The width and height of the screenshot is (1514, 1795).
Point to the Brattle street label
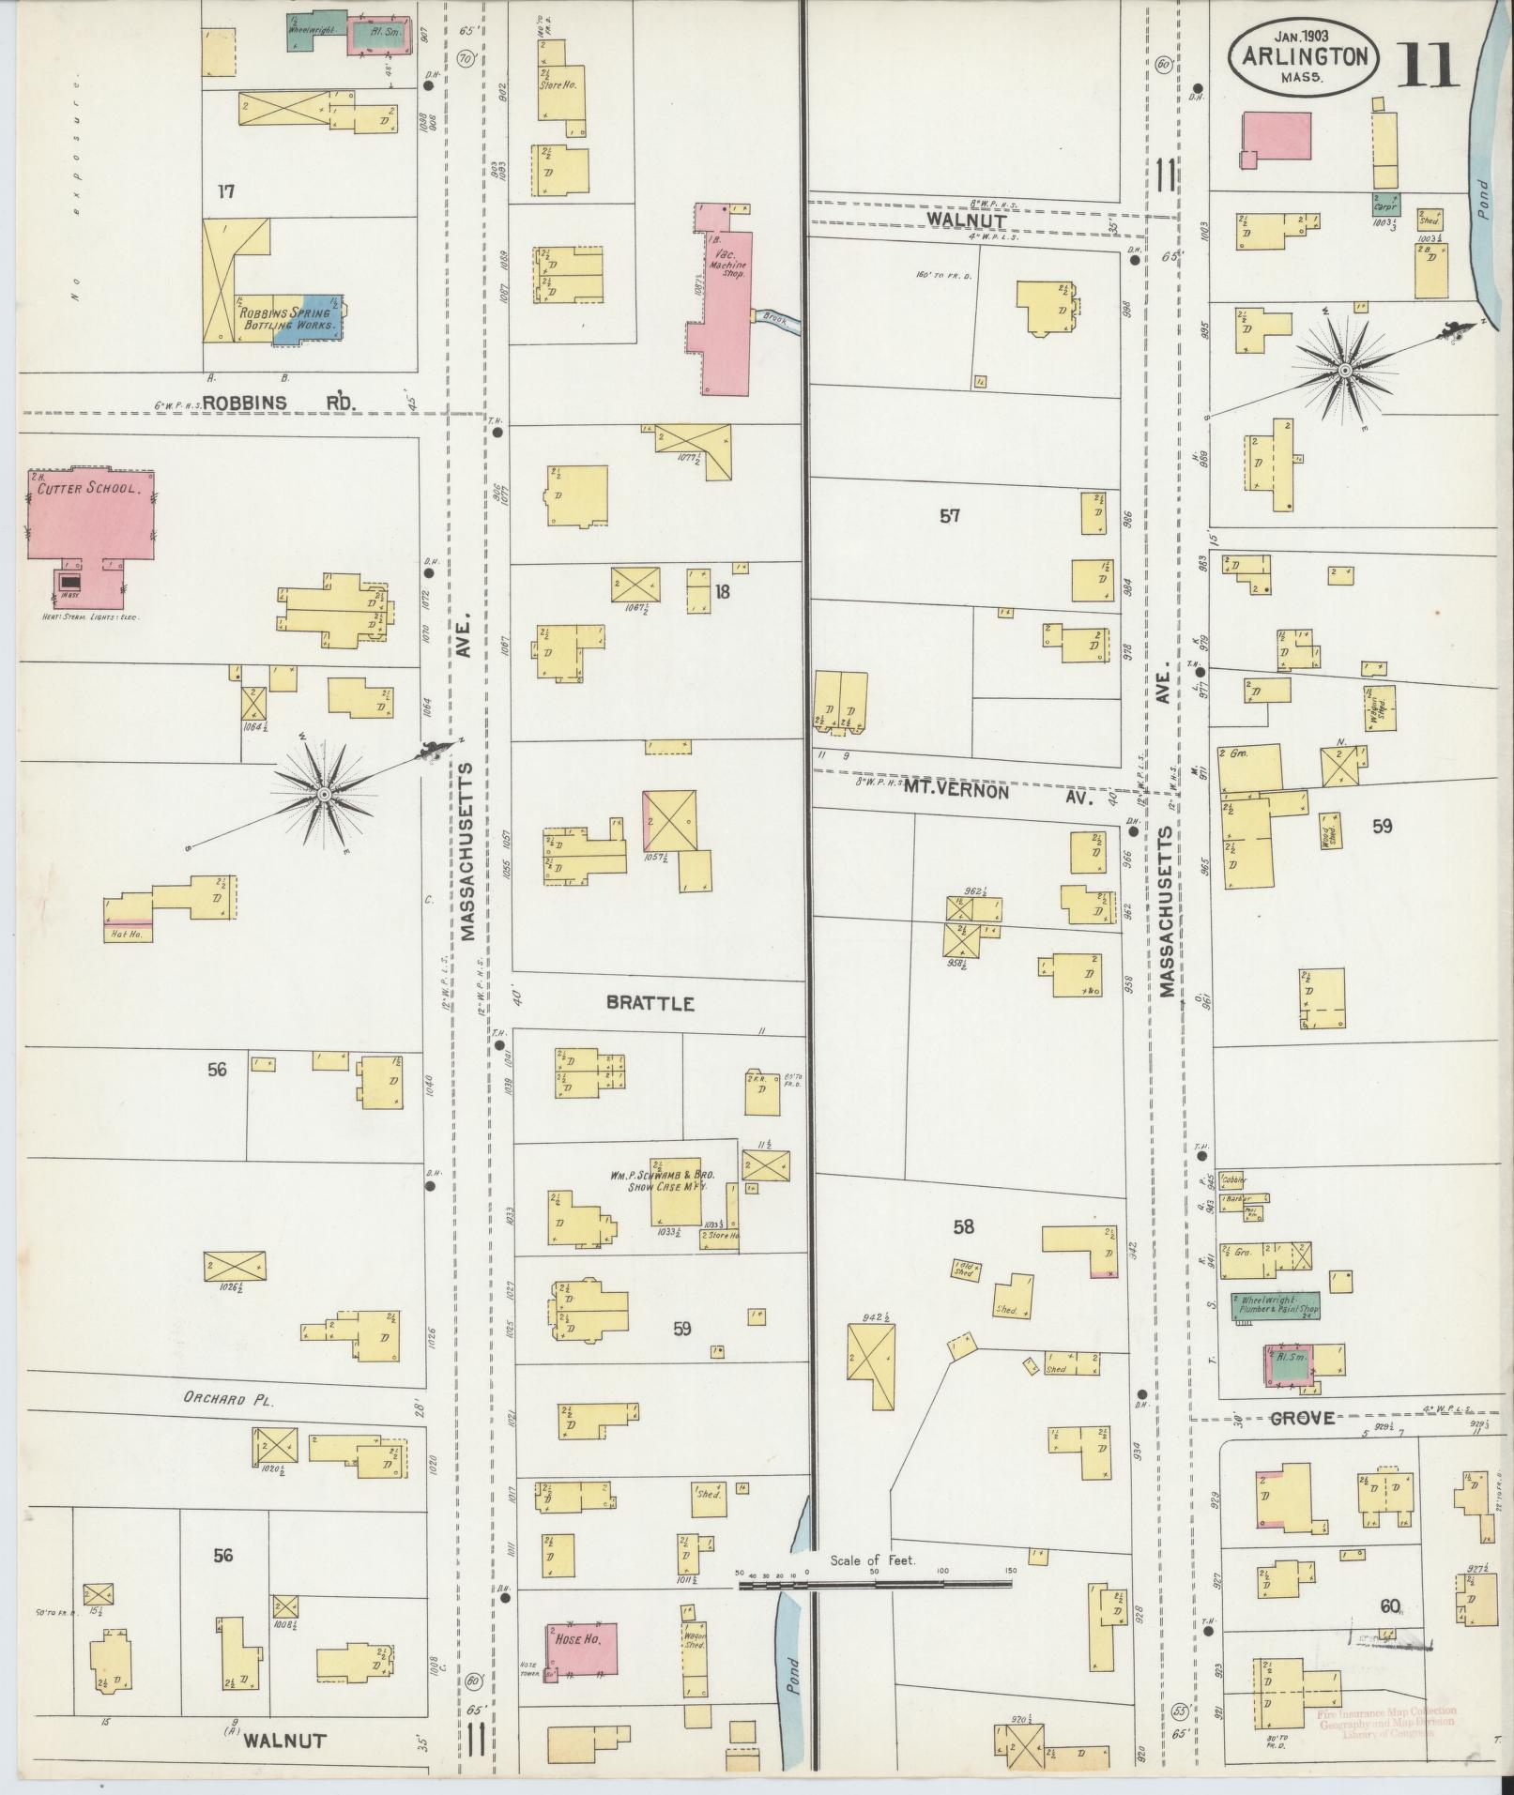650,1003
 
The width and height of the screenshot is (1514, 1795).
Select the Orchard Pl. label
227,1399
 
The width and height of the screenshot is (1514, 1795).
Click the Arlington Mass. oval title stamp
1303,57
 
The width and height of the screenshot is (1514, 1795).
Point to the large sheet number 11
1428,65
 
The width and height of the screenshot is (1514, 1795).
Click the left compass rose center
324,795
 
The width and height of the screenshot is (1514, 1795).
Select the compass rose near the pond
1344,372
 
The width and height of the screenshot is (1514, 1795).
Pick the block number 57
949,515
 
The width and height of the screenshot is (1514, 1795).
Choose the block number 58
963,1225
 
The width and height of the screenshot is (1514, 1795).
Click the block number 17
225,191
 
